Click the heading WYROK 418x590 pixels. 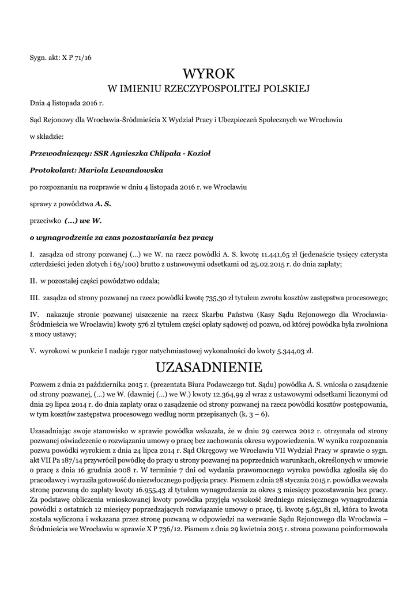click(209, 74)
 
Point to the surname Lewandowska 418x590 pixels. click(136, 171)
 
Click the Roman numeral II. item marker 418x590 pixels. click(33, 281)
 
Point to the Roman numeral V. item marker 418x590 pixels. click(33, 351)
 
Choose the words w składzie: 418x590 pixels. click(47, 137)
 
